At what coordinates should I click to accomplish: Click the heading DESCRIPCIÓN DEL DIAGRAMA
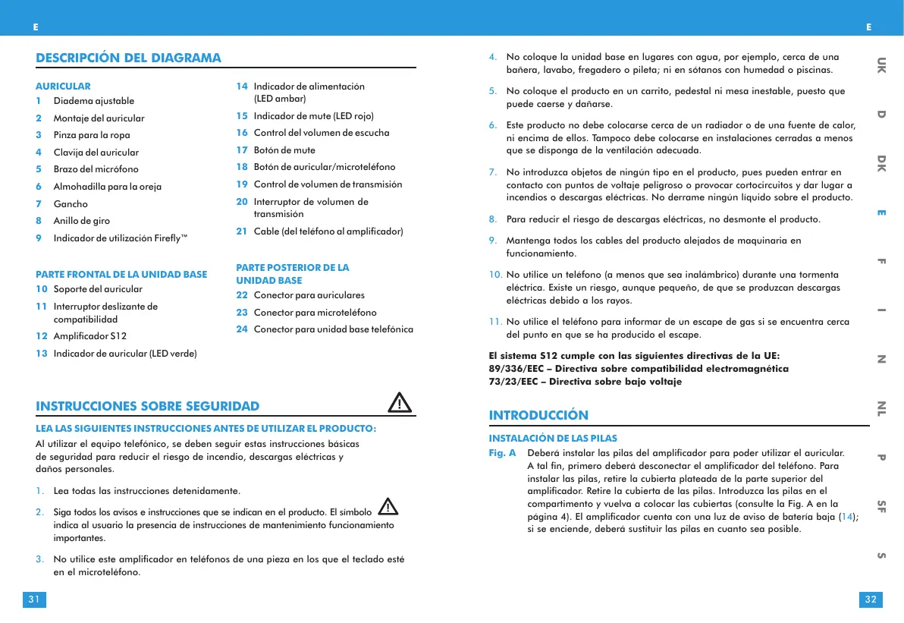click(129, 58)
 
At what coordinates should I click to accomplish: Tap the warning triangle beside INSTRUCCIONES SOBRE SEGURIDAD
click(399, 402)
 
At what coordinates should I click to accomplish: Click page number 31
click(33, 600)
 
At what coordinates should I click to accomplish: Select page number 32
click(871, 600)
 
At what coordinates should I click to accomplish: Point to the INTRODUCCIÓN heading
click(538, 415)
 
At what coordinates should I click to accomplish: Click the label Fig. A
click(502, 453)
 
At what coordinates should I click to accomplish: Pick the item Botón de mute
click(284, 149)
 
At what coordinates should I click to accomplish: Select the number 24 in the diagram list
click(242, 329)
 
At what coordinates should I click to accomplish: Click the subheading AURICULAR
click(63, 87)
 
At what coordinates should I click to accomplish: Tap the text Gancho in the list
click(71, 204)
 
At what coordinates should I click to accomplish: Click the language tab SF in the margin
click(881, 507)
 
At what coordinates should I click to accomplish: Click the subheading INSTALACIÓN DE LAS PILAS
click(553, 439)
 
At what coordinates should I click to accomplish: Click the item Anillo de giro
click(81, 221)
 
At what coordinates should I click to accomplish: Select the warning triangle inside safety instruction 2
click(388, 506)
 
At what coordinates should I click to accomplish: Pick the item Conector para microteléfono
click(315, 313)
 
